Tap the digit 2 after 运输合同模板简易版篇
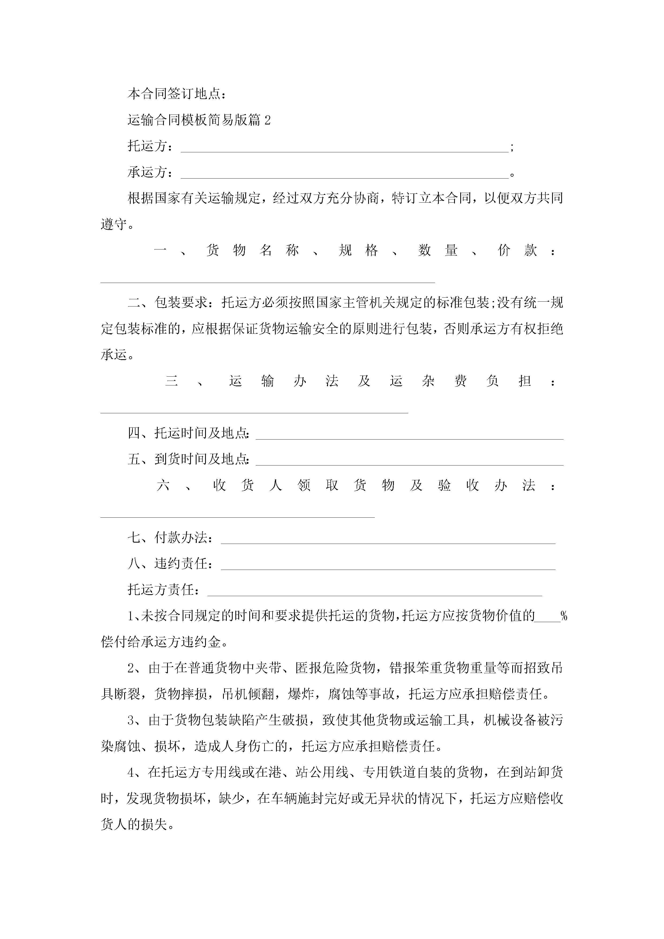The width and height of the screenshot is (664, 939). pyautogui.click(x=267, y=120)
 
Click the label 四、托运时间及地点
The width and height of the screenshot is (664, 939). pyautogui.click(x=188, y=433)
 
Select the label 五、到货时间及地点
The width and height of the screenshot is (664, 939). pyautogui.click(x=188, y=459)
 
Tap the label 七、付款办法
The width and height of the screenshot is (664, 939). pyautogui.click(x=170, y=538)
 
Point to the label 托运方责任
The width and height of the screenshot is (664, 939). pyautogui.click(x=164, y=590)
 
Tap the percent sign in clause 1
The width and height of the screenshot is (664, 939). pyautogui.click(x=564, y=616)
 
